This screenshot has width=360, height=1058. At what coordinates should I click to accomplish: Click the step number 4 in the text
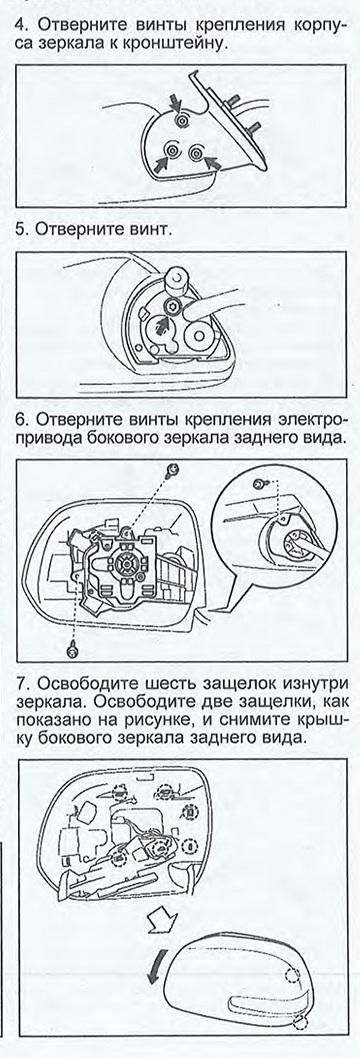tap(19, 26)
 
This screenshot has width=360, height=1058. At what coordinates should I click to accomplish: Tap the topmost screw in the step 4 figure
tap(180, 119)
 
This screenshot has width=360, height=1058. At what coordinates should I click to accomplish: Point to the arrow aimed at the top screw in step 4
tap(175, 103)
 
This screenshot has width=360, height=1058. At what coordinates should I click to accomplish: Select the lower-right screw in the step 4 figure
tap(196, 153)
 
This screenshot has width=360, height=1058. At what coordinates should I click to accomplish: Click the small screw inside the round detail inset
tap(258, 484)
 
